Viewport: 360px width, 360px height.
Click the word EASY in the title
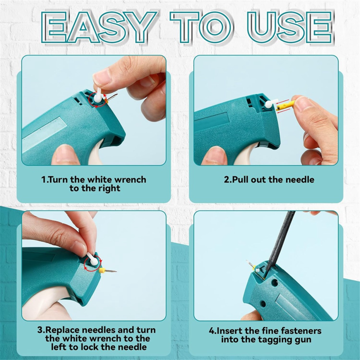tap(99, 27)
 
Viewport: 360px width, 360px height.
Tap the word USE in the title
tap(290, 27)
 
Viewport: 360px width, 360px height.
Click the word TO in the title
tap(202, 27)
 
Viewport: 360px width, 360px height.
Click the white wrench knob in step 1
tap(97, 97)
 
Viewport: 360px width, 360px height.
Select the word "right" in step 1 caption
tap(109, 189)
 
